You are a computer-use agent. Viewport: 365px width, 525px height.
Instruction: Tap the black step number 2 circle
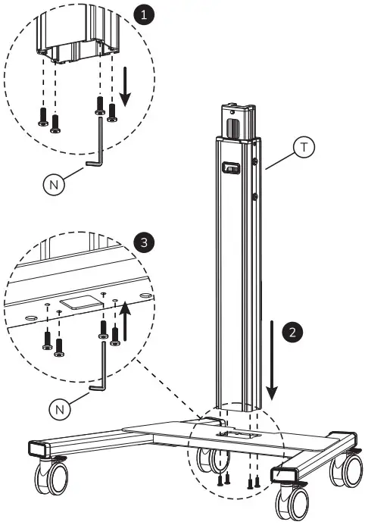coord(291,332)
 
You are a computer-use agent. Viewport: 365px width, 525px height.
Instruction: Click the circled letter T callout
coord(304,148)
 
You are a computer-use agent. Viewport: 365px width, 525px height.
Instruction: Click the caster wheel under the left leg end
coord(51,477)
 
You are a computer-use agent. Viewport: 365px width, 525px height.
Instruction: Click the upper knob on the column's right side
coord(256,161)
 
